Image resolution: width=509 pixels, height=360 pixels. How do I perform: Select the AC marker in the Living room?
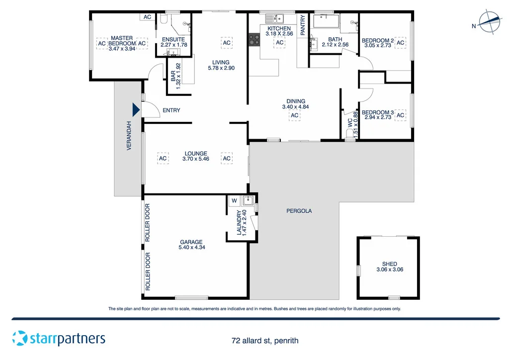[227, 43]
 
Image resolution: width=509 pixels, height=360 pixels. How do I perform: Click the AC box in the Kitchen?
[279, 43]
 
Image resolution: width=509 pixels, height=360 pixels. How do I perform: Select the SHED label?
[389, 264]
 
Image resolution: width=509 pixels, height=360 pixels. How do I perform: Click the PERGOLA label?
[299, 211]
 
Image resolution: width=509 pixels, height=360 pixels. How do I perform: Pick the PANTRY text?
[302, 24]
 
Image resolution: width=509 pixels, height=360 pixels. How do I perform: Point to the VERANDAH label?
[129, 136]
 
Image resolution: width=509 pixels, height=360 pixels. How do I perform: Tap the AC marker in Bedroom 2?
[401, 43]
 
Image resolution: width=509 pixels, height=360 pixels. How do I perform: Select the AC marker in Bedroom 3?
[401, 116]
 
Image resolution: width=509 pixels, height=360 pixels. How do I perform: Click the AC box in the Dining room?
[294, 116]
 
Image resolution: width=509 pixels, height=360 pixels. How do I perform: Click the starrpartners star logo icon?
[20, 338]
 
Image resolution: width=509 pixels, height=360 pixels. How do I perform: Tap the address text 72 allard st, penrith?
[264, 341]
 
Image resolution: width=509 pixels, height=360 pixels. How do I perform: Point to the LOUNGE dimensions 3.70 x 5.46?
[195, 159]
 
